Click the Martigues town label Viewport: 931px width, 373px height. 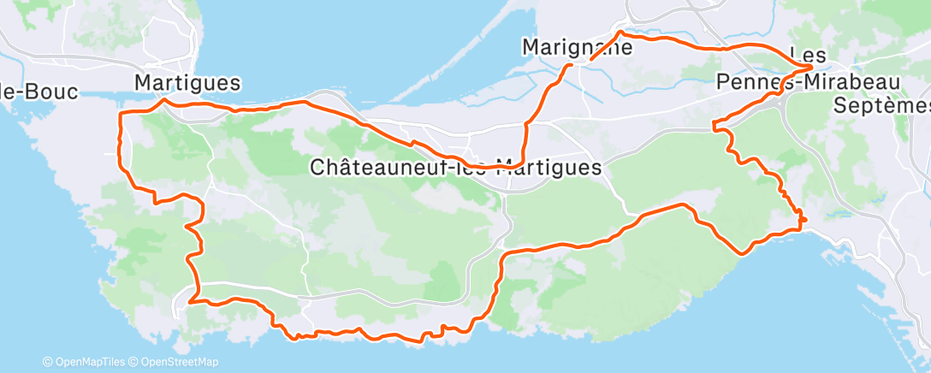pos(187,83)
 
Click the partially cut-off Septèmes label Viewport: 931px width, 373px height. pos(881,105)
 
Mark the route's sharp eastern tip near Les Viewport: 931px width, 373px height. pos(811,65)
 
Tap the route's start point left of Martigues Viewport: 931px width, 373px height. pos(120,114)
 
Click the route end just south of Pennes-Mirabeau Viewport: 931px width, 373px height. pos(715,127)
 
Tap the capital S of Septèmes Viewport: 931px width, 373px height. pos(841,105)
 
